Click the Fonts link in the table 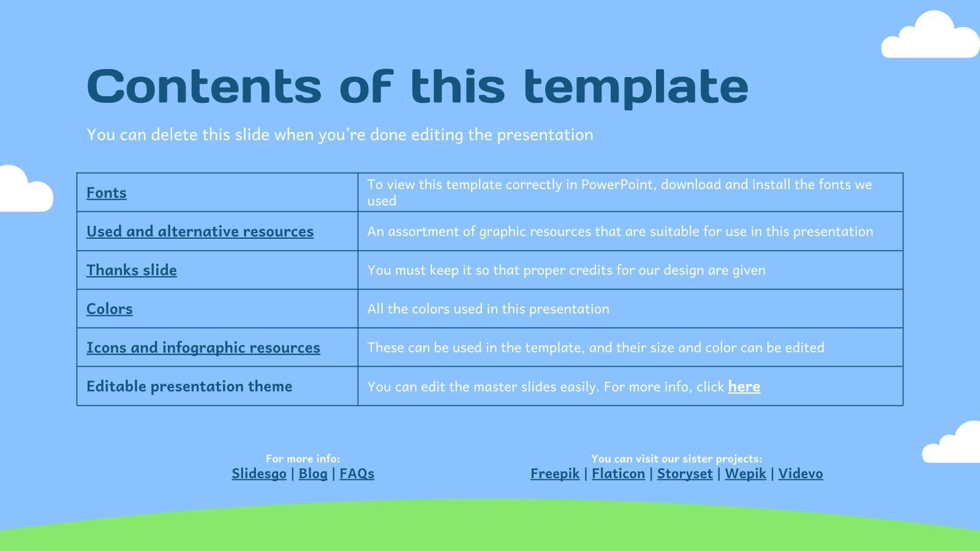pos(107,193)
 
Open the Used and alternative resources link pos(200,231)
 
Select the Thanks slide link pos(132,270)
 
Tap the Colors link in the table pos(110,309)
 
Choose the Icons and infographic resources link pos(203,348)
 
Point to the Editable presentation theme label pos(189,386)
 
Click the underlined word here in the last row pos(744,386)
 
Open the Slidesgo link pos(259,473)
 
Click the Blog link pos(313,473)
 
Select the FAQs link pos(357,473)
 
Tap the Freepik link pos(555,473)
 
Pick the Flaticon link pos(618,473)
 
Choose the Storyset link pos(685,473)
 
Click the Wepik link pos(745,473)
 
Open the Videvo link pos(801,473)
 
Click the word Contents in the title pos(204,86)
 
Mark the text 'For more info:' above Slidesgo pos(303,459)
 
